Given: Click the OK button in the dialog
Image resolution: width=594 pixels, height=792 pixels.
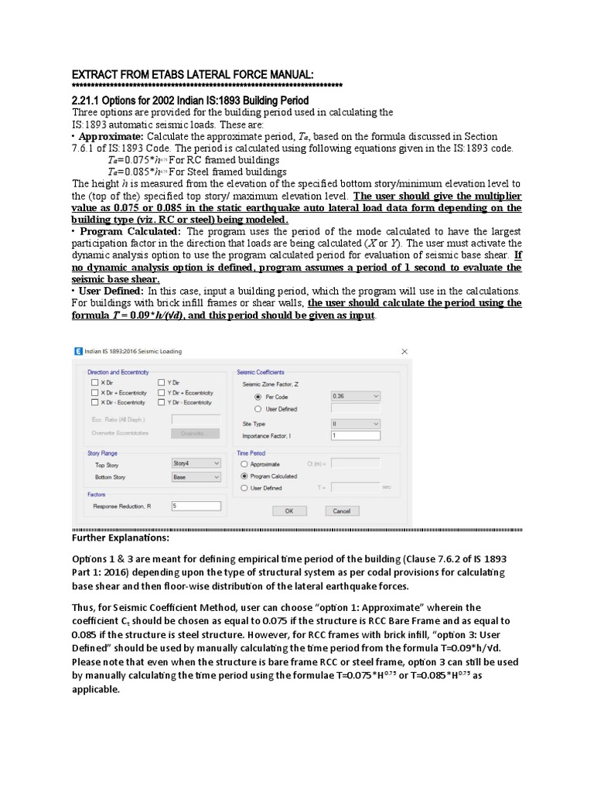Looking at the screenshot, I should (x=288, y=511).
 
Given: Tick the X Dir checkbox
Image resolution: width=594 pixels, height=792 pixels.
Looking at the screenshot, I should (x=94, y=383).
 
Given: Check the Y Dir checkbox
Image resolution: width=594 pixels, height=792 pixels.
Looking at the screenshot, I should (x=162, y=383).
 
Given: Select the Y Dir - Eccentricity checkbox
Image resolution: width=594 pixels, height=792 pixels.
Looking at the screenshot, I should (x=162, y=402).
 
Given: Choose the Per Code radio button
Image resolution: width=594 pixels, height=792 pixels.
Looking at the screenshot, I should (x=258, y=397).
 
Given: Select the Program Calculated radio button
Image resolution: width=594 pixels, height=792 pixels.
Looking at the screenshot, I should (x=245, y=476).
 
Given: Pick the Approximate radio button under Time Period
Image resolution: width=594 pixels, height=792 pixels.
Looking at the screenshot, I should (x=245, y=464).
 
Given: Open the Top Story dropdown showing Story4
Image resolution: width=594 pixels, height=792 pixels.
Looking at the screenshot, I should (x=196, y=464).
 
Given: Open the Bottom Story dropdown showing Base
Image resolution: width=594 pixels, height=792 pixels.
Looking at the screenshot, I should (x=196, y=477).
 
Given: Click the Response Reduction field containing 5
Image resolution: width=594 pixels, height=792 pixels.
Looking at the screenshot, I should (x=196, y=506).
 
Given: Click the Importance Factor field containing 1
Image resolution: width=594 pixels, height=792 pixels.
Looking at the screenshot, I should (x=355, y=435).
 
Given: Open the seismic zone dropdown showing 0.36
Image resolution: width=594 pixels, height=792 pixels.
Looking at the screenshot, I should (x=355, y=396).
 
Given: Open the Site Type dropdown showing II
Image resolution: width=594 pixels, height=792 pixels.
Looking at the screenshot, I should (x=355, y=424).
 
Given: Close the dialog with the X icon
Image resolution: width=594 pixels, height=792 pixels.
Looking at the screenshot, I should (x=403, y=352).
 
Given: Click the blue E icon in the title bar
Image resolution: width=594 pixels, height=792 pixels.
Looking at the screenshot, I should (x=78, y=352).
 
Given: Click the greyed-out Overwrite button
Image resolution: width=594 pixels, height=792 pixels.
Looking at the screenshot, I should (x=194, y=433).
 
